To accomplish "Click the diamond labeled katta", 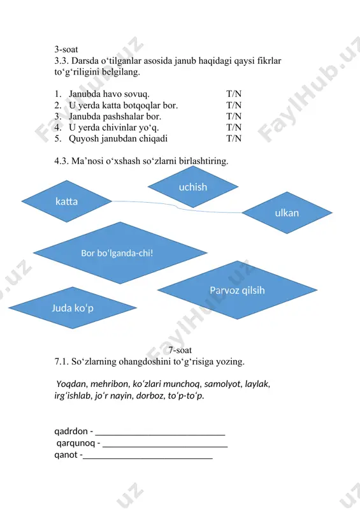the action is (x=67, y=201).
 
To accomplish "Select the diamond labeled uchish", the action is (x=193, y=187).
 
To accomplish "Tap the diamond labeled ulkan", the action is (x=287, y=213).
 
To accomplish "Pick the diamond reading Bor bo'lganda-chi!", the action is (x=120, y=252).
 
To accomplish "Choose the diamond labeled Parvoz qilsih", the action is (x=237, y=290).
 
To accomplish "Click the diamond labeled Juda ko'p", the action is (x=73, y=308).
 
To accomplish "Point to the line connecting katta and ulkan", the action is (x=177, y=207).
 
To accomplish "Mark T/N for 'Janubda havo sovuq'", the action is (x=234, y=94).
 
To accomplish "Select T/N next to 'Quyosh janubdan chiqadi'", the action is (x=234, y=138).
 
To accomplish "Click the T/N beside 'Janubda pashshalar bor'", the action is (x=234, y=116).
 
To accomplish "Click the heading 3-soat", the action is (x=66, y=50).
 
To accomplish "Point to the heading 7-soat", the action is (x=180, y=350).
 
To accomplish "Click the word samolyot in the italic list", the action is (x=223, y=384).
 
